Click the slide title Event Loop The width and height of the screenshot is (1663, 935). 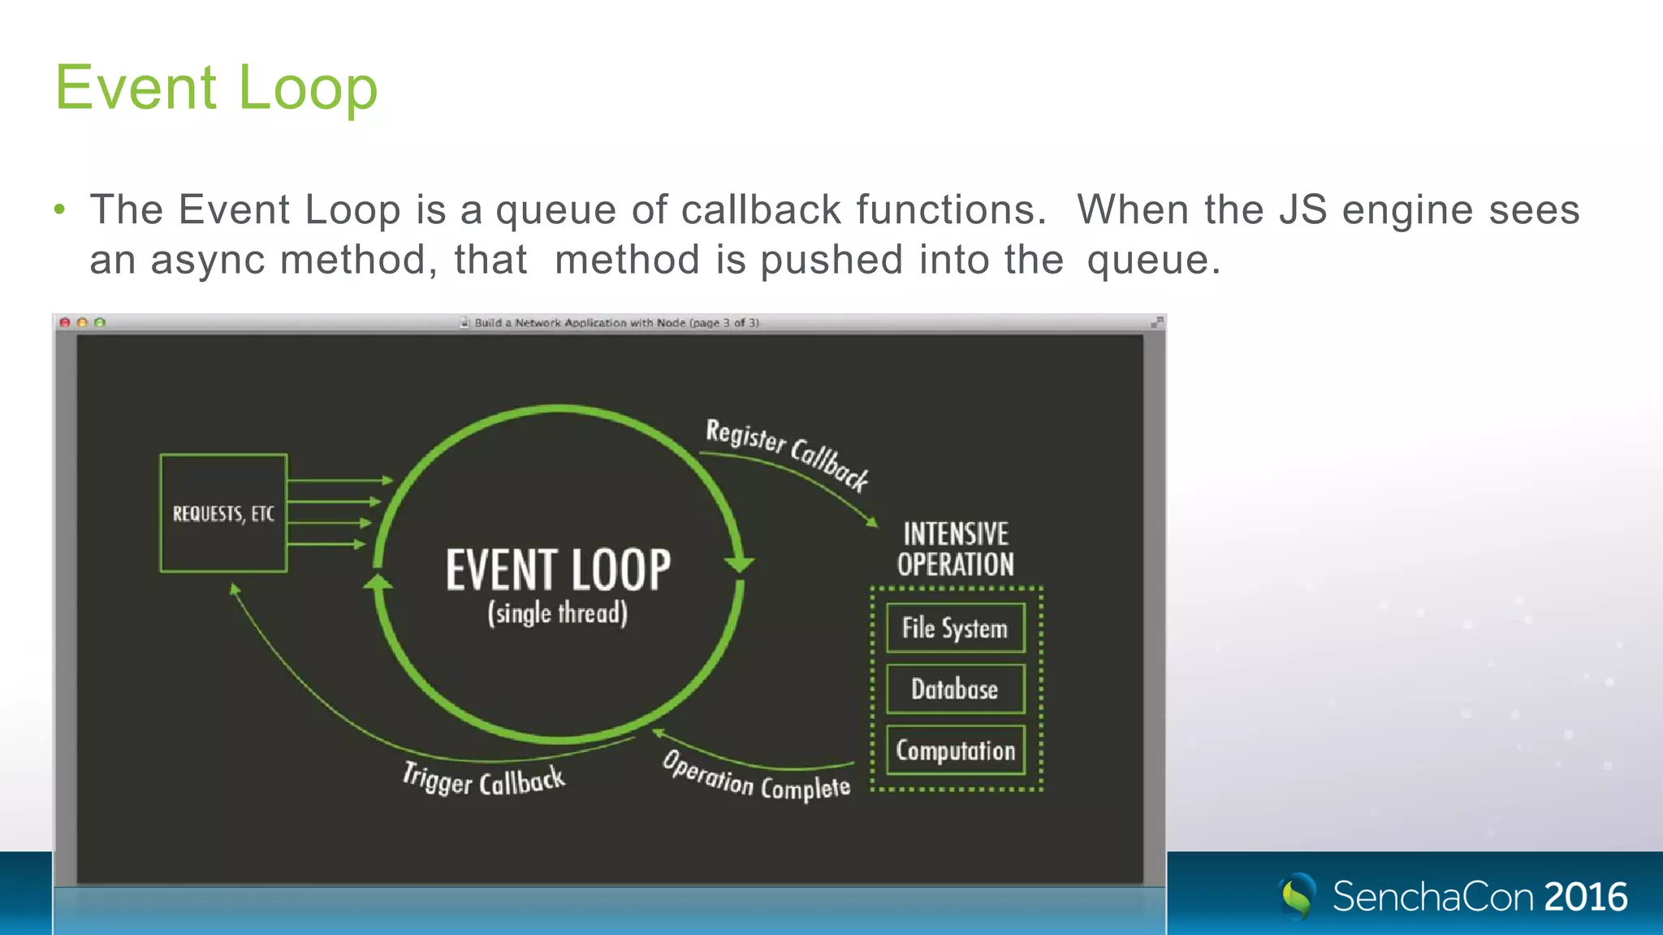coord(216,88)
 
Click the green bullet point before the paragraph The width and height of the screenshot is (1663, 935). coord(59,210)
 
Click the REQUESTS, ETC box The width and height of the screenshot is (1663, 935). coord(223,514)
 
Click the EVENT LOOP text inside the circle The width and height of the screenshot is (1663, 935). coord(558,570)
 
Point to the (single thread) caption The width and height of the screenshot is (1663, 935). coord(558,614)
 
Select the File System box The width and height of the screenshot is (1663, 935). coord(955,628)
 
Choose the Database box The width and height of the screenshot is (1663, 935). coord(955,689)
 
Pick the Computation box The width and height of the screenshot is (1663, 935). coord(955,751)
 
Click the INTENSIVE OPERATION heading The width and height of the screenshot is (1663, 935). coord(956,549)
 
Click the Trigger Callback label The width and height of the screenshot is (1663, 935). coord(484,781)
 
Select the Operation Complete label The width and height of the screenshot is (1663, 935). coord(756,778)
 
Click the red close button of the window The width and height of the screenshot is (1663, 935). coord(65,323)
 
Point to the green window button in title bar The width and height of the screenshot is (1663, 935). coord(100,323)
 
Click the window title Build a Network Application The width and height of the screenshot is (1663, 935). coord(616,323)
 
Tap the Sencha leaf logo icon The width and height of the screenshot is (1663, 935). coord(1298,896)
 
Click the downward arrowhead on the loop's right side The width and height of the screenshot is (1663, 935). coord(739,563)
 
